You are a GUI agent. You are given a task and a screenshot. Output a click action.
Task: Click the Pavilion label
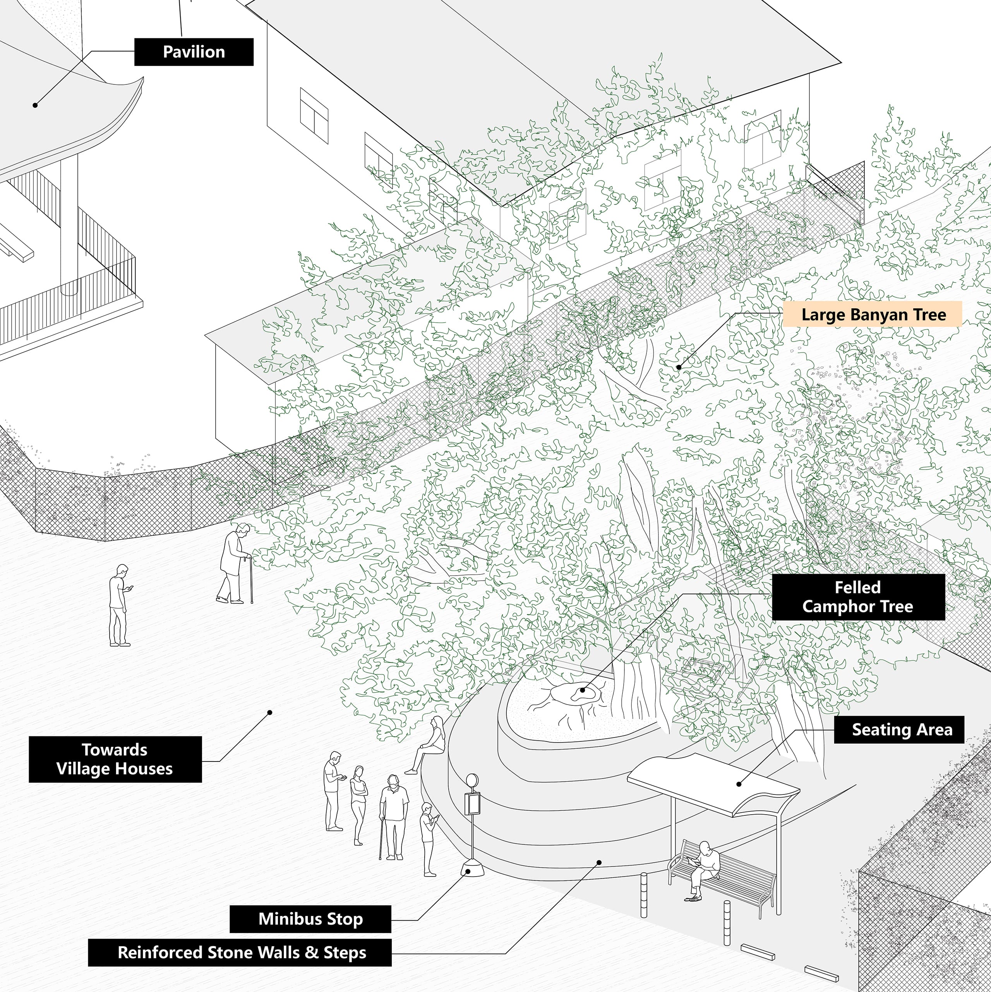pyautogui.click(x=194, y=52)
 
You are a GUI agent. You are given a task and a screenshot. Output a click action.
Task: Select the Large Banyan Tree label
pyautogui.click(x=873, y=314)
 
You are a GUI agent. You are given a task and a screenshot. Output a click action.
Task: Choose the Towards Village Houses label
pyautogui.click(x=115, y=759)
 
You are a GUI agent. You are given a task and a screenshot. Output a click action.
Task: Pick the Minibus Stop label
pyautogui.click(x=310, y=918)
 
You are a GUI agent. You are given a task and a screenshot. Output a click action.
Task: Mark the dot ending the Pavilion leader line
pyautogui.click(x=35, y=105)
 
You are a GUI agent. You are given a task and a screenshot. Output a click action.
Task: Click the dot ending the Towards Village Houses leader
pyautogui.click(x=269, y=712)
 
